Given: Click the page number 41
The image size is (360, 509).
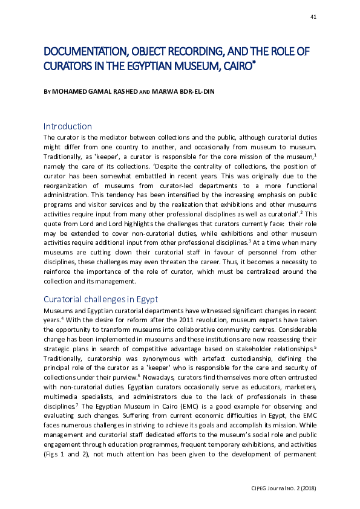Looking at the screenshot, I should (313, 17).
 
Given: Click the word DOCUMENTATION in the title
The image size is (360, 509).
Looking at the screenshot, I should (82, 50).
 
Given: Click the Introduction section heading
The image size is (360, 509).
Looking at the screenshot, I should (67, 126).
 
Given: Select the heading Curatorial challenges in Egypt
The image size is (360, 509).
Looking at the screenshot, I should (101, 300).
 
